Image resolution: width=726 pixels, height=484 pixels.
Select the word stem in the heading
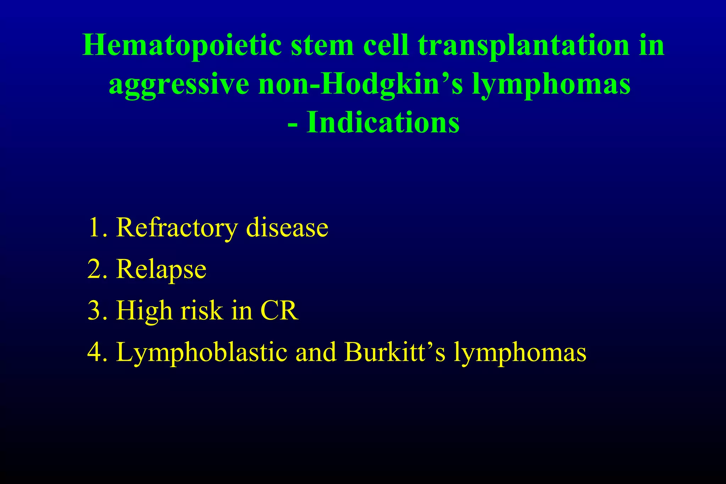(x=322, y=46)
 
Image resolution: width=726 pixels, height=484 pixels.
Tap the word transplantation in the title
(x=523, y=46)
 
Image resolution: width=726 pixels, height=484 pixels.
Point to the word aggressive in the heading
(x=179, y=85)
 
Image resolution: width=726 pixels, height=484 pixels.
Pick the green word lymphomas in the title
(x=551, y=85)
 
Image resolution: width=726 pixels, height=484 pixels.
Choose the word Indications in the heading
(x=383, y=123)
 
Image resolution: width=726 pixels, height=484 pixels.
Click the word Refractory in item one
(x=177, y=228)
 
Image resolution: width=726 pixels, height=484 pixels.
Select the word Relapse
(x=161, y=269)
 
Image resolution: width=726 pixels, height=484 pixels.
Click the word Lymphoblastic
(x=202, y=353)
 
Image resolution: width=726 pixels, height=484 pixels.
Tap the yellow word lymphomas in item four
(x=520, y=353)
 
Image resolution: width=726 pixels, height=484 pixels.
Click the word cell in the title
(x=386, y=46)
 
